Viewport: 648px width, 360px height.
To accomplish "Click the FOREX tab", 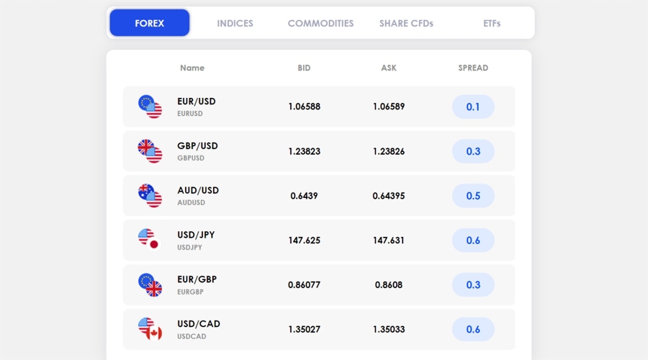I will coord(150,23).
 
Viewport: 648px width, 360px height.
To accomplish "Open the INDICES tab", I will coord(235,23).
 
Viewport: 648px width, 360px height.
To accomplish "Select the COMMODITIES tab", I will coord(320,23).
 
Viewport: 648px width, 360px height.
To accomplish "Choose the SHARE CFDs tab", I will coord(406,23).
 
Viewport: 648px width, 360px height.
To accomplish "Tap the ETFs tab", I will coord(492,23).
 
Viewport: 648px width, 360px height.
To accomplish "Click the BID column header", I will coord(304,68).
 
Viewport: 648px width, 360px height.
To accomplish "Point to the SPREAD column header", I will coord(473,68).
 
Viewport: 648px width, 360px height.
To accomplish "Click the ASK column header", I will coord(389,68).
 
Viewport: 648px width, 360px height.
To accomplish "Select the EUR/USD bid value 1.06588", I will coord(304,107).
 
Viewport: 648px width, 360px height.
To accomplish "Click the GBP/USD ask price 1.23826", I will coord(389,151).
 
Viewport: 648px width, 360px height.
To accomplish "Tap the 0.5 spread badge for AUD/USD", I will coord(473,196).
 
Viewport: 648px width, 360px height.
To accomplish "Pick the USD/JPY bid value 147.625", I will coord(304,240).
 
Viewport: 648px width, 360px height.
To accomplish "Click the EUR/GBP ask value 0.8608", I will coord(389,285).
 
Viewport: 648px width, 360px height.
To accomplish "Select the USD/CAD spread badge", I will coord(473,329).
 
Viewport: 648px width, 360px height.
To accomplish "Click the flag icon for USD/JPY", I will coord(149,239).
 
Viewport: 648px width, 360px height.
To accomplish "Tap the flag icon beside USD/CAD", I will coord(150,328).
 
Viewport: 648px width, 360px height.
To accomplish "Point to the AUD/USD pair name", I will coord(198,191).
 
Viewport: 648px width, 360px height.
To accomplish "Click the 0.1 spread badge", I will coord(473,107).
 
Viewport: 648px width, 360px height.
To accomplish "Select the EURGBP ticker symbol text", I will coord(191,292).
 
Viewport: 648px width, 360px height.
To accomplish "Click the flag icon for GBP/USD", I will coord(150,150).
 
